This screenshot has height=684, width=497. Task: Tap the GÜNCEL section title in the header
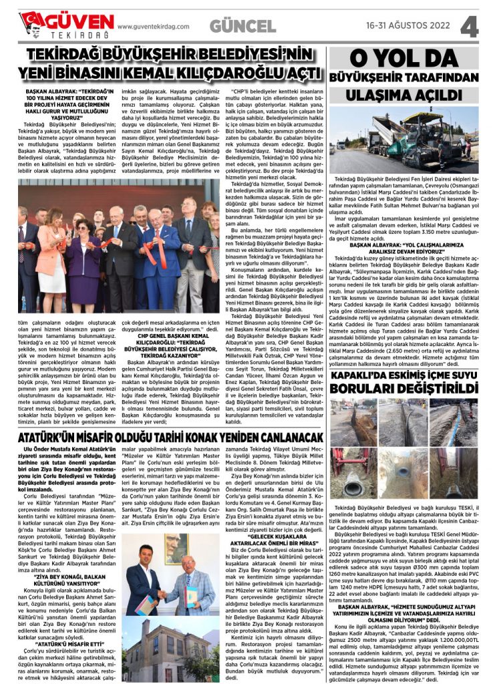tap(242, 26)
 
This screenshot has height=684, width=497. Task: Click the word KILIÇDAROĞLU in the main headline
tap(222, 71)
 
